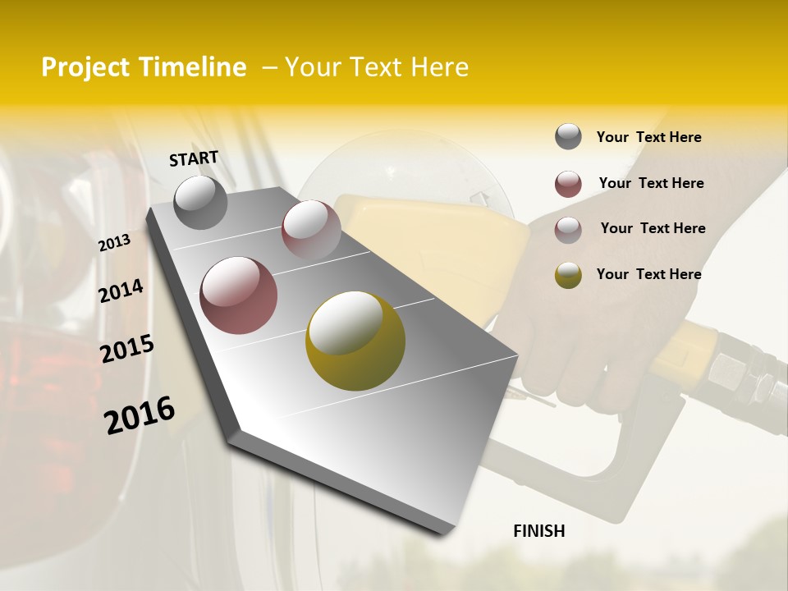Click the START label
[194, 158]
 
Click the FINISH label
[538, 531]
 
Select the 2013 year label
[114, 243]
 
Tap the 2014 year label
[121, 291]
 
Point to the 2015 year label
[126, 349]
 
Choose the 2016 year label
[140, 415]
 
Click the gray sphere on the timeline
[200, 202]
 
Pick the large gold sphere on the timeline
[355, 341]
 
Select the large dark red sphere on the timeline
[239, 295]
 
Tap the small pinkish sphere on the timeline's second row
[311, 230]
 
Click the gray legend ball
[568, 137]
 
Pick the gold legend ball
[568, 275]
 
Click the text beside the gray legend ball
[648, 137]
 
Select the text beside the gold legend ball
[648, 274]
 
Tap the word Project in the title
[86, 67]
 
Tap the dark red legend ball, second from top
[568, 184]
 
